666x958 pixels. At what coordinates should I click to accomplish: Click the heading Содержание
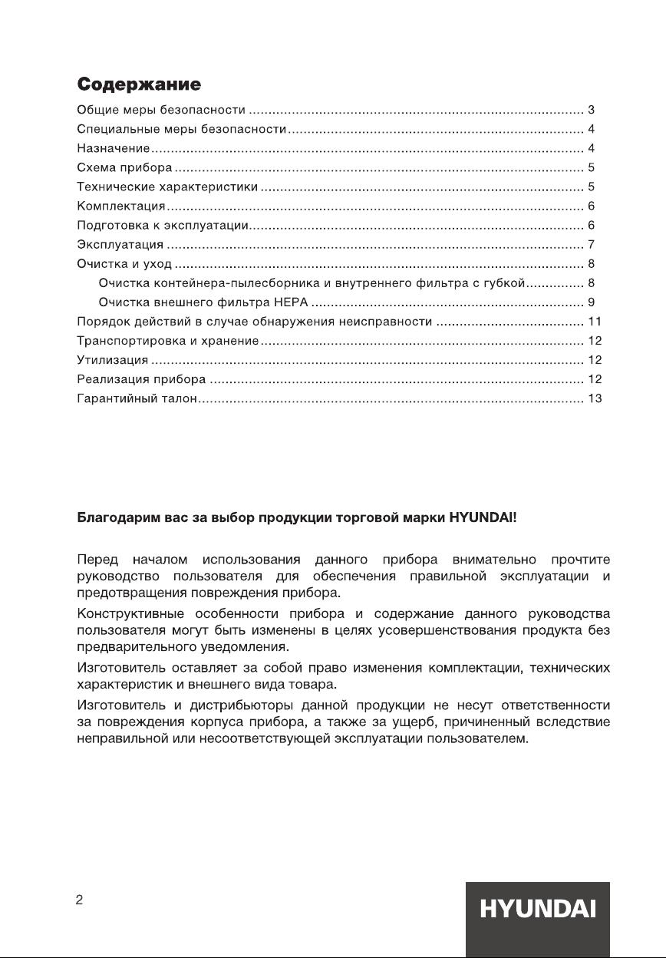[x=139, y=84]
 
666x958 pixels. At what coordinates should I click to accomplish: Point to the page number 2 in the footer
[x=79, y=900]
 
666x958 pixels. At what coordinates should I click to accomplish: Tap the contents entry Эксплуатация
[x=120, y=245]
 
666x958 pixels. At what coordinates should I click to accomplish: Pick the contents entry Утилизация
[x=113, y=360]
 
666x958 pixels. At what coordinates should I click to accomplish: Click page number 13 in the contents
[x=594, y=398]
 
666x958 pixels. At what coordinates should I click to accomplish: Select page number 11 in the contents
[x=594, y=322]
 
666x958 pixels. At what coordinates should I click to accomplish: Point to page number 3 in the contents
[x=591, y=110]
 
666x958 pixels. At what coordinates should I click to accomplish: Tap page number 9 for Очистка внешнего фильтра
[x=591, y=302]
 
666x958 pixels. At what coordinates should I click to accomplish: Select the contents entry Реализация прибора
[x=142, y=379]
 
